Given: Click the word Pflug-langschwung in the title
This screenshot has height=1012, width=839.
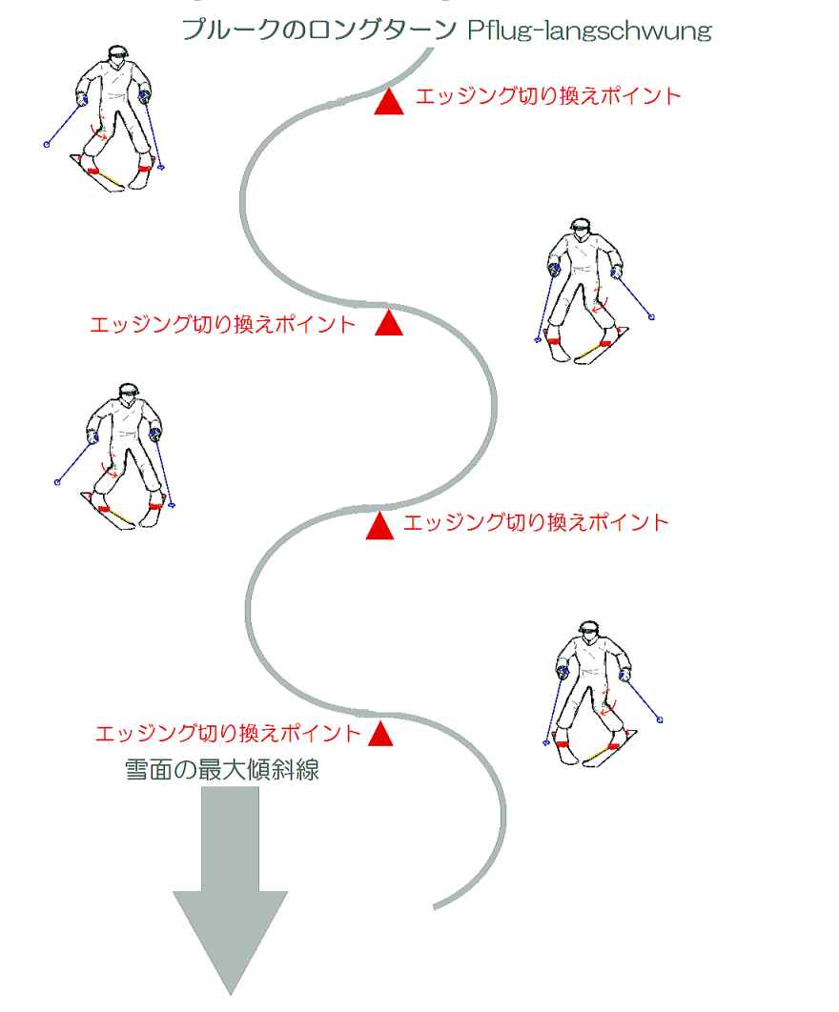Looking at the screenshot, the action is point(589,31).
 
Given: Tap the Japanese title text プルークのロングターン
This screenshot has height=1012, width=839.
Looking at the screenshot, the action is point(319,30).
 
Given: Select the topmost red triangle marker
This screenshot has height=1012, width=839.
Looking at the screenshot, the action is point(389,103).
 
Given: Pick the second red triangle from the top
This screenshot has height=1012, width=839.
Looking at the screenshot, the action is point(389,323).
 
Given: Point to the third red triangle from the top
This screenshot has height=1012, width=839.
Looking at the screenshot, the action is point(379,526).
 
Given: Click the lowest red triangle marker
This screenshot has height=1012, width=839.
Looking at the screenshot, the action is point(380,734).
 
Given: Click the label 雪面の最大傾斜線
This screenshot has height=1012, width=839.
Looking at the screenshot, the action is point(222,770).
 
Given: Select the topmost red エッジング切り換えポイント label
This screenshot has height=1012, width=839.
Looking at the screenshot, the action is point(548,96).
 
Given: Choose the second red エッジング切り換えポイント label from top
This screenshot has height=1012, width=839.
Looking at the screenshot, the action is point(223,324).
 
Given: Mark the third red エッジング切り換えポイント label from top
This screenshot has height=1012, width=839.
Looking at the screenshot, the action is point(536,522).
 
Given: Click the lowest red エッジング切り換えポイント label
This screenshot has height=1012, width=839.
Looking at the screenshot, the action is point(228,733).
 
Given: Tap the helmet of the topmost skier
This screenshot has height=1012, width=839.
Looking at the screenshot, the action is point(117,53).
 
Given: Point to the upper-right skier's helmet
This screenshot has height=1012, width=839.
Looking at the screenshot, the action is point(580,226).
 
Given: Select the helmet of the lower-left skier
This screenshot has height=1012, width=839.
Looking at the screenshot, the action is point(129,391).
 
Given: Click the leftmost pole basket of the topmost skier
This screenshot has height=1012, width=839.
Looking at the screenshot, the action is point(47,145).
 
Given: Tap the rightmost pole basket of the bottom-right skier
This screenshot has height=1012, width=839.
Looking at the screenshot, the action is point(660,719).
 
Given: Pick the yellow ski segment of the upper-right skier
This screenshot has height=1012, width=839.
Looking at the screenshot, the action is point(587,353).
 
